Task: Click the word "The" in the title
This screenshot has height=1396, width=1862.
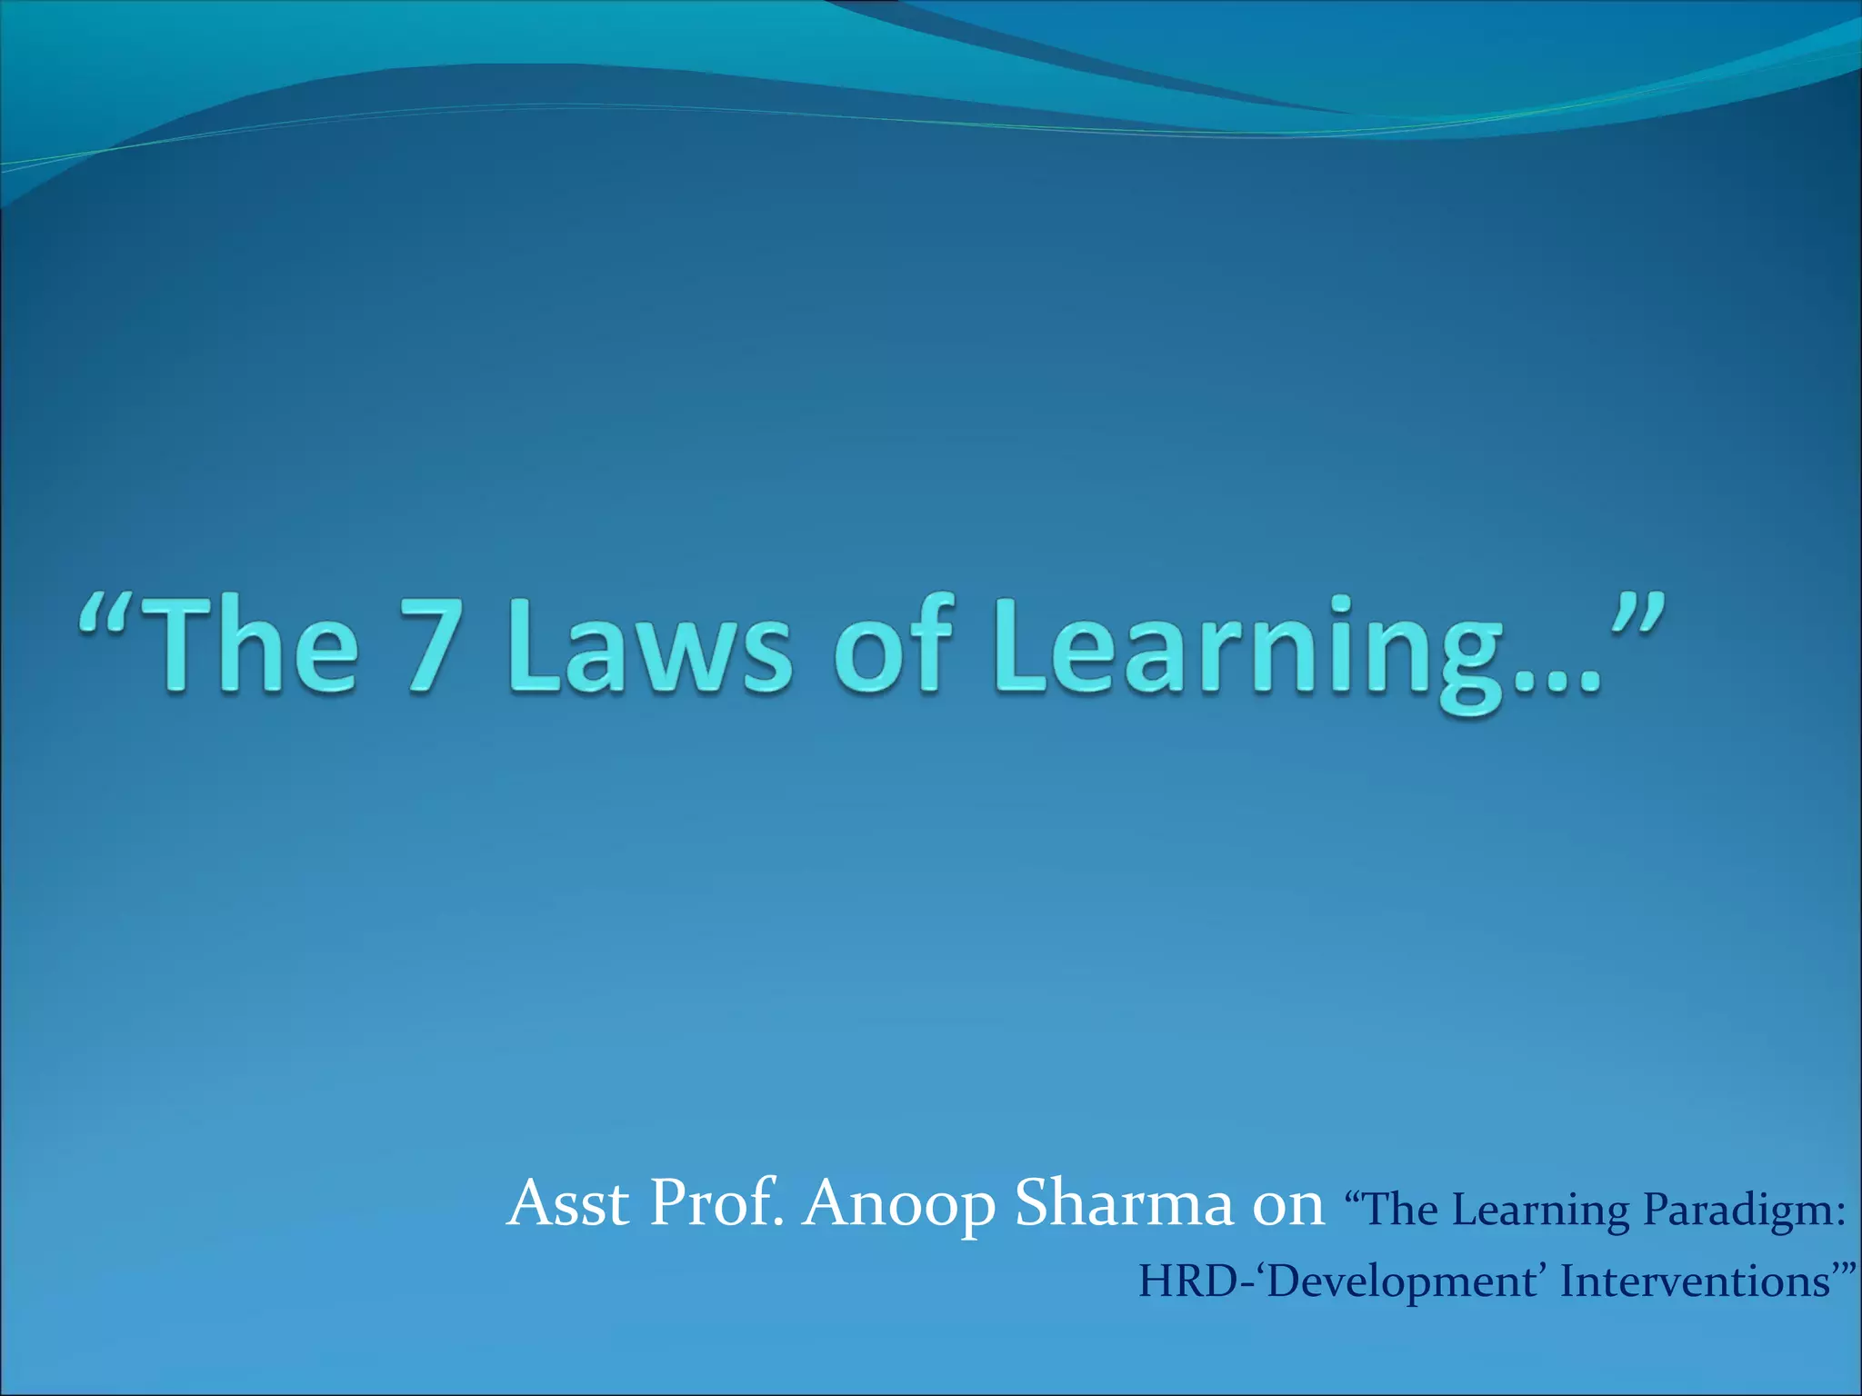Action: pos(247,646)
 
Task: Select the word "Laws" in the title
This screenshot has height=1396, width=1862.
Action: pos(649,646)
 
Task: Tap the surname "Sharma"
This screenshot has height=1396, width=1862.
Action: pos(1123,1203)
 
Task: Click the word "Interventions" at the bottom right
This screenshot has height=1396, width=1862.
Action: pos(1695,1281)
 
